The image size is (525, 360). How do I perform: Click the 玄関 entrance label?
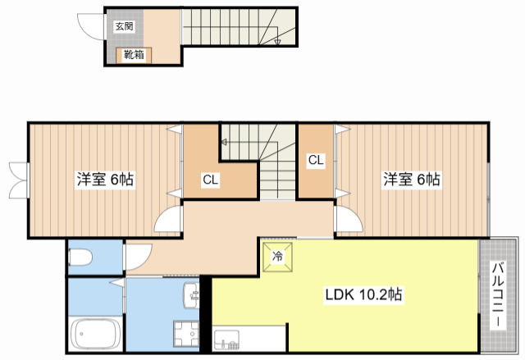point(124,26)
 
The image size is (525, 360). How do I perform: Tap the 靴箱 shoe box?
point(134,55)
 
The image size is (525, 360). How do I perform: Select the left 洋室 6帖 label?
point(105,180)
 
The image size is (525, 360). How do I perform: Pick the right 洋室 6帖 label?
point(412,180)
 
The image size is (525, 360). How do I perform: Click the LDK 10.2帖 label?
point(363,294)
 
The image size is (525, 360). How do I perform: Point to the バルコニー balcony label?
point(499,294)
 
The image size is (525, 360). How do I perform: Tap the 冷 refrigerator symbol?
point(277,257)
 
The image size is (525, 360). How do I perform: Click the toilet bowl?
point(80,257)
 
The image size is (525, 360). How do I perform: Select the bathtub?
point(97,334)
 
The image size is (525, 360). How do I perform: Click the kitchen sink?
point(226,339)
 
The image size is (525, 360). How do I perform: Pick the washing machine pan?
point(186,334)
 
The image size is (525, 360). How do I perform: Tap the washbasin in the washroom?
point(191,295)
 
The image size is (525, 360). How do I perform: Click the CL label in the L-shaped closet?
point(210,180)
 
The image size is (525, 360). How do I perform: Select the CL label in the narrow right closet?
point(316,160)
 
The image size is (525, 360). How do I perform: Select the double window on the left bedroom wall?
point(18,180)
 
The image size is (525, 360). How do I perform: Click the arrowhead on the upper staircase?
point(277,42)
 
